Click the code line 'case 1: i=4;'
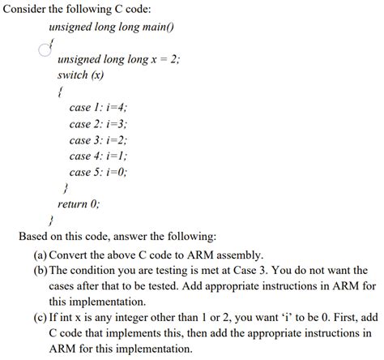point(99,108)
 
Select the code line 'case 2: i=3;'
point(99,124)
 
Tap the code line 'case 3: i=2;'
point(99,140)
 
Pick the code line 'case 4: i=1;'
point(99,156)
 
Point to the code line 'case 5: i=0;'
point(99,173)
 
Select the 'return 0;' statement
point(79,204)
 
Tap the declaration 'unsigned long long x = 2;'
point(119,59)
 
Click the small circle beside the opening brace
point(45,49)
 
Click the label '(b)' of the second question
point(38,270)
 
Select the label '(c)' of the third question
point(38,319)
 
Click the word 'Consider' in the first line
point(27,9)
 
